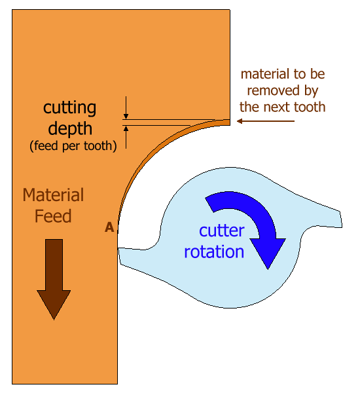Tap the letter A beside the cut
coord(109,227)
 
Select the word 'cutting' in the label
coord(69,107)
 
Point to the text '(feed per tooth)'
coord(73,145)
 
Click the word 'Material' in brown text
coord(53,195)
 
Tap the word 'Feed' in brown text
coord(53,216)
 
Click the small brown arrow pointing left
coord(248,121)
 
